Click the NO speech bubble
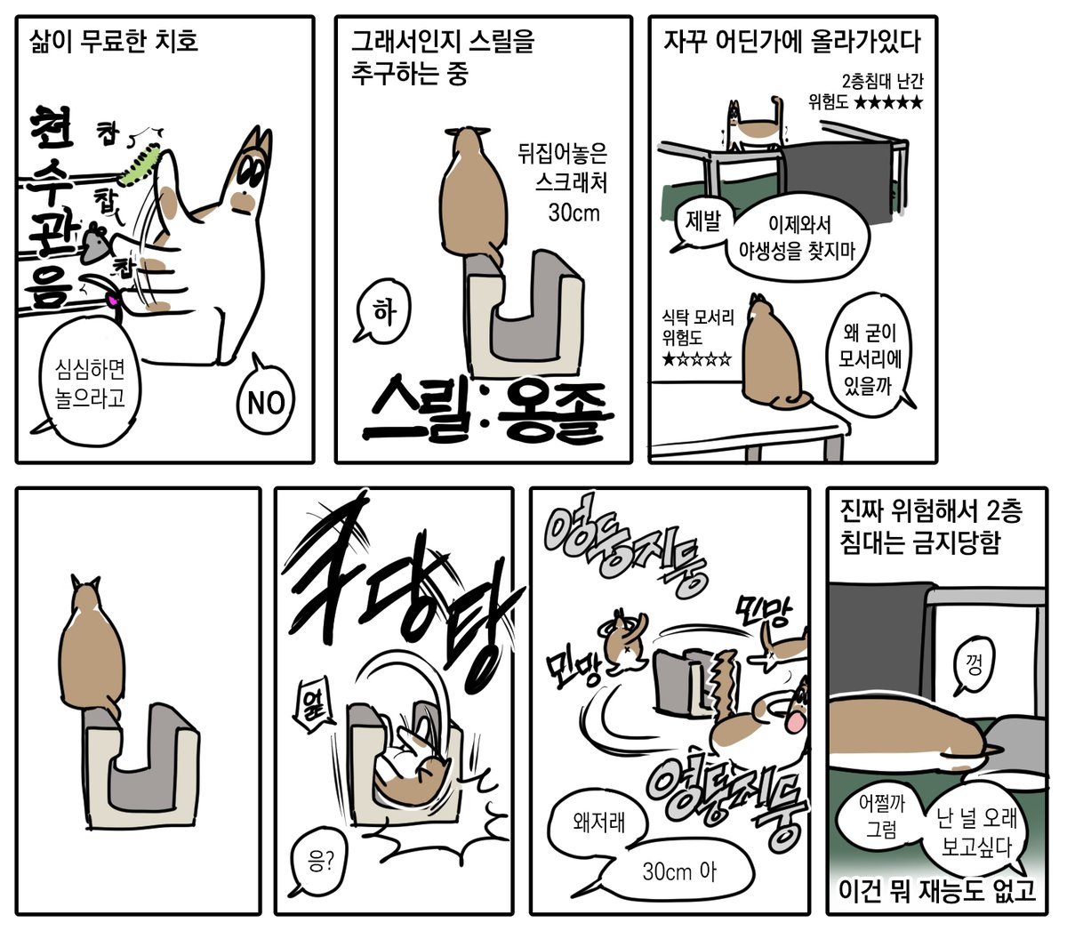265,403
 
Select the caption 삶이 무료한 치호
114,41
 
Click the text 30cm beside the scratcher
574,213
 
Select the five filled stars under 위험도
887,103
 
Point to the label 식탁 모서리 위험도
698,327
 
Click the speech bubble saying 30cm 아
679,871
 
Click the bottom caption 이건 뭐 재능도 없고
937,890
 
